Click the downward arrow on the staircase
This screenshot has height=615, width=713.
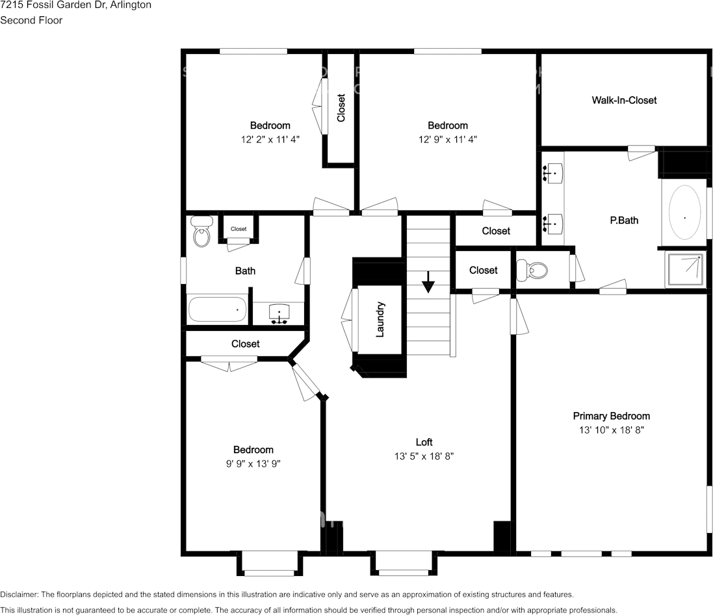pos(428,283)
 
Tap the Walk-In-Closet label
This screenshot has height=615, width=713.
pos(624,100)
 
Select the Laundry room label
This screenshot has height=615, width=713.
pos(381,319)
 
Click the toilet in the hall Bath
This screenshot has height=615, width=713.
pos(202,232)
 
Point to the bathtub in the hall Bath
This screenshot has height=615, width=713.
pos(218,309)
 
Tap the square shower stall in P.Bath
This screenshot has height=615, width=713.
pos(686,270)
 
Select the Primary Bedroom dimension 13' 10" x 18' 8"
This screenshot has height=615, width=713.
pos(611,430)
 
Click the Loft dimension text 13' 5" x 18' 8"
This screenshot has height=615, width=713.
pos(424,456)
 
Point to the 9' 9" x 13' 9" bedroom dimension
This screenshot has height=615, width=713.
pos(253,464)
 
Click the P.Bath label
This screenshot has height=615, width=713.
pos(623,220)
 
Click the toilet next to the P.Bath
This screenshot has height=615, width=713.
pos(531,270)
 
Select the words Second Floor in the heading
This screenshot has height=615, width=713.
pos(31,20)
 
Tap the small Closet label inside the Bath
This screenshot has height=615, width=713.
pos(239,229)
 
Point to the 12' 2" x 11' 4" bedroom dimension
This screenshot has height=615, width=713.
pos(270,139)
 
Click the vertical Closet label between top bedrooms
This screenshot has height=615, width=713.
pos(341,108)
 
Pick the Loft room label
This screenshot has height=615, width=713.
pos(424,442)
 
